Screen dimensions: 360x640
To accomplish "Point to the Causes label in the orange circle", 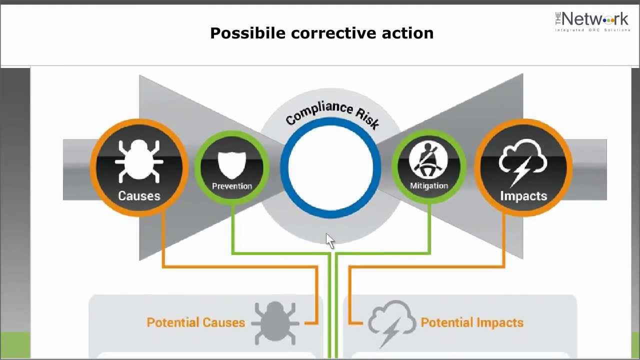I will click(139, 196).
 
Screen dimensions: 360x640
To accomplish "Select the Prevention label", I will click(231, 186).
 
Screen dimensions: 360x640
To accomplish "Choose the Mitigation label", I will click(428, 186).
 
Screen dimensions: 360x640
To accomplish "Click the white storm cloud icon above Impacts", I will click(523, 161).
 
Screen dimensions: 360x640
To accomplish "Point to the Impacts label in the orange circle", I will click(523, 196).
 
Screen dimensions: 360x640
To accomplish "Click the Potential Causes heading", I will click(195, 322).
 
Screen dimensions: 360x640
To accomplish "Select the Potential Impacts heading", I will click(472, 322).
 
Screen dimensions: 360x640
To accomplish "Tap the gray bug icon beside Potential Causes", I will click(274, 322).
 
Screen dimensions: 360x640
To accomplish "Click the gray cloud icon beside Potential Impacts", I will click(392, 322).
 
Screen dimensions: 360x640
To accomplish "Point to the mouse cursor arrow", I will click(330, 241).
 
